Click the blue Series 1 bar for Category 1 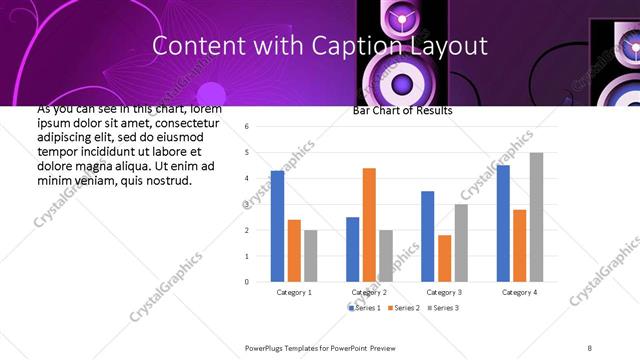[x=277, y=226]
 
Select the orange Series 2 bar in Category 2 [x=369, y=225]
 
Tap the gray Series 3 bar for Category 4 [x=536, y=217]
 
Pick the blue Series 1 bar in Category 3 [x=427, y=236]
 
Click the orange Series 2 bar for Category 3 [x=444, y=258]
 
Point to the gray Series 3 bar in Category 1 [x=310, y=256]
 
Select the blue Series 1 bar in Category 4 [x=503, y=223]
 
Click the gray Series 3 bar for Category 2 [x=385, y=256]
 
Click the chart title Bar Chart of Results [x=402, y=111]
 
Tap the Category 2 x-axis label [x=369, y=292]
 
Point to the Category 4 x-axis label [x=519, y=292]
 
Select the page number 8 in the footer [x=590, y=346]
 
